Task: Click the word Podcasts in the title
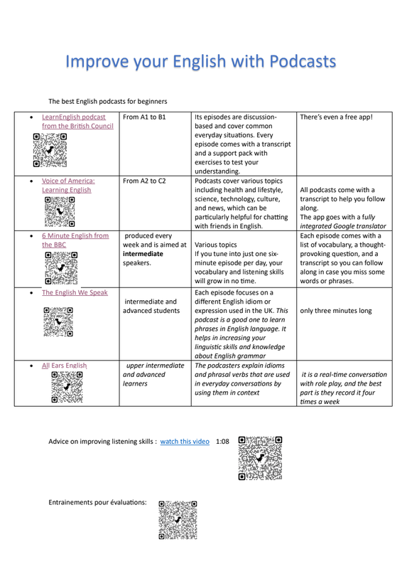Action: [303, 61]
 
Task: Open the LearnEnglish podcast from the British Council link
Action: [77, 122]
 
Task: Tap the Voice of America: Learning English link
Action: [68, 186]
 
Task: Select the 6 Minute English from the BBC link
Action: [75, 240]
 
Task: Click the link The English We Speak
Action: [75, 292]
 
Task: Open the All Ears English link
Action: [64, 366]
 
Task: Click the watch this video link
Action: [185, 442]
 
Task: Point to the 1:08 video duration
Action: [222, 442]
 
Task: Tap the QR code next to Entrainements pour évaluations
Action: [178, 520]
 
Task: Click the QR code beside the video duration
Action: [260, 458]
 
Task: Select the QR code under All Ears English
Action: [67, 387]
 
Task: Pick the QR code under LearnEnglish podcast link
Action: [50, 150]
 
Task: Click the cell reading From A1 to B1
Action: [144, 117]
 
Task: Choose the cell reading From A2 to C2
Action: [144, 181]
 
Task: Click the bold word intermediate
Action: [143, 254]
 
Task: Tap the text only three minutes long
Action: [336, 311]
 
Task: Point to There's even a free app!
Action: [336, 117]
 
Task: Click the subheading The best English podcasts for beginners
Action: [108, 101]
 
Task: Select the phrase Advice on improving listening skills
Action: [100, 442]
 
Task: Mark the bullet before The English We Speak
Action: [31, 293]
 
